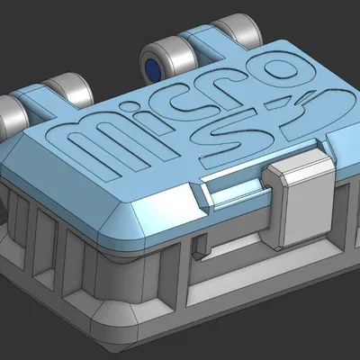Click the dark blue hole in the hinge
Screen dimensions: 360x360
[152, 67]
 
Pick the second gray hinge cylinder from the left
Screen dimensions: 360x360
[70, 90]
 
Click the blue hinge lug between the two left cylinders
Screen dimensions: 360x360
[40, 103]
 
